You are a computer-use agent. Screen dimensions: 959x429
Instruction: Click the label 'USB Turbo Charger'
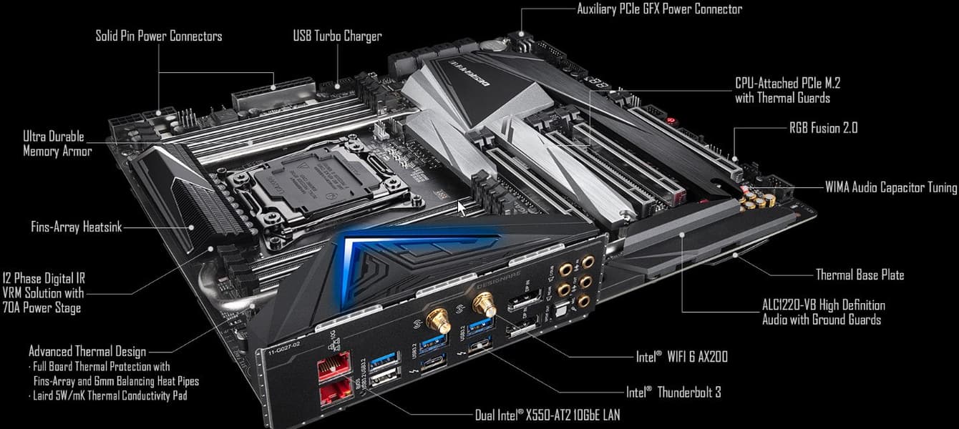(x=337, y=36)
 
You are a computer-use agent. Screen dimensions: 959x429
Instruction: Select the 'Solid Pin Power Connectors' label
(x=159, y=36)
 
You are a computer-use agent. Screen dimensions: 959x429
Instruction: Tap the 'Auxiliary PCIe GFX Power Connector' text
(x=659, y=9)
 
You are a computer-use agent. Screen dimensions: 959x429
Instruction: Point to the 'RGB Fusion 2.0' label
(x=823, y=128)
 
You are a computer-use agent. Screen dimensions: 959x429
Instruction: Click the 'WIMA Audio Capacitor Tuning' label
(x=891, y=187)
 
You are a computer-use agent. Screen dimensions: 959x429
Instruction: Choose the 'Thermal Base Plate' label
(x=860, y=275)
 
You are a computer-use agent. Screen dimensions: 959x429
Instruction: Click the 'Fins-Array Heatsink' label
(x=77, y=227)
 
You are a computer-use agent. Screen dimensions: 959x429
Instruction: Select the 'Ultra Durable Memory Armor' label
(x=57, y=144)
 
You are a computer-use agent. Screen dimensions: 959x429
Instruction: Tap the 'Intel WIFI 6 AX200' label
(x=681, y=357)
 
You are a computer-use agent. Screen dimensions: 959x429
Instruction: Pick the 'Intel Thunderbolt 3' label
(x=673, y=393)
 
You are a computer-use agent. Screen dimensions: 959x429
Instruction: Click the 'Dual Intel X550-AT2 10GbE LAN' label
(x=547, y=415)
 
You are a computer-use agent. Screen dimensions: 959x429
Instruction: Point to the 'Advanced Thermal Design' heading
(x=87, y=352)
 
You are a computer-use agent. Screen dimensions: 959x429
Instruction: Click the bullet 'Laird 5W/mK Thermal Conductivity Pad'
(x=110, y=395)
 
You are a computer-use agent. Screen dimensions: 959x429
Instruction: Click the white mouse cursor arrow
(x=462, y=209)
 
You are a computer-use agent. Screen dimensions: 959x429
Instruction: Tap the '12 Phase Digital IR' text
(x=44, y=278)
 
